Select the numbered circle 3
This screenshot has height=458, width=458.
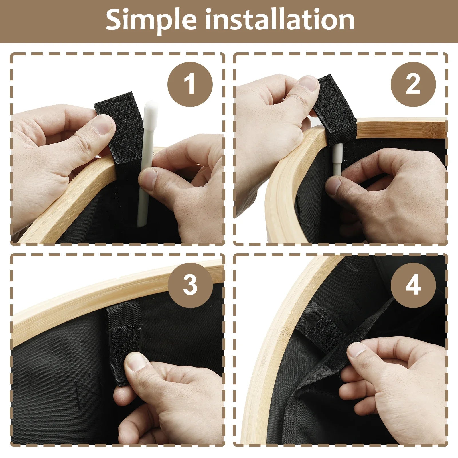tap(190, 285)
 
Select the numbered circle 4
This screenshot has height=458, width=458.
tap(413, 285)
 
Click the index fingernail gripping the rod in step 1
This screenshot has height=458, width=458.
tap(149, 176)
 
